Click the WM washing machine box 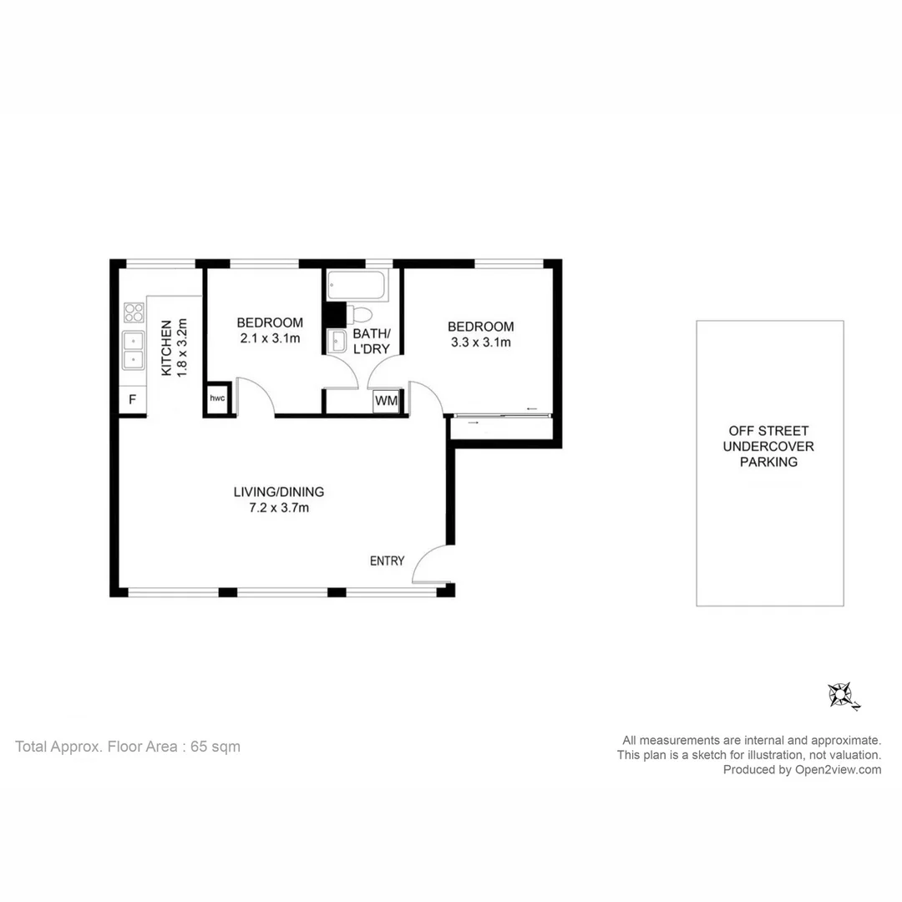[386, 401]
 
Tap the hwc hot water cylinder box [217, 399]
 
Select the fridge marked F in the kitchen [132, 400]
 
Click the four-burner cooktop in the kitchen [134, 312]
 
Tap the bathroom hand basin [337, 341]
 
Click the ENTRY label [387, 561]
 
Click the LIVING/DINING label [278, 492]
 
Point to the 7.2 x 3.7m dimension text [278, 507]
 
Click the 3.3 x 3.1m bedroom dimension [480, 342]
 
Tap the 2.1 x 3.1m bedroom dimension [269, 338]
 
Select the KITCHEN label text [166, 347]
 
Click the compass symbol [841, 695]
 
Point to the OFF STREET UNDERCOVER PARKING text [768, 446]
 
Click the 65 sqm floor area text [215, 747]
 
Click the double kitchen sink [133, 350]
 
